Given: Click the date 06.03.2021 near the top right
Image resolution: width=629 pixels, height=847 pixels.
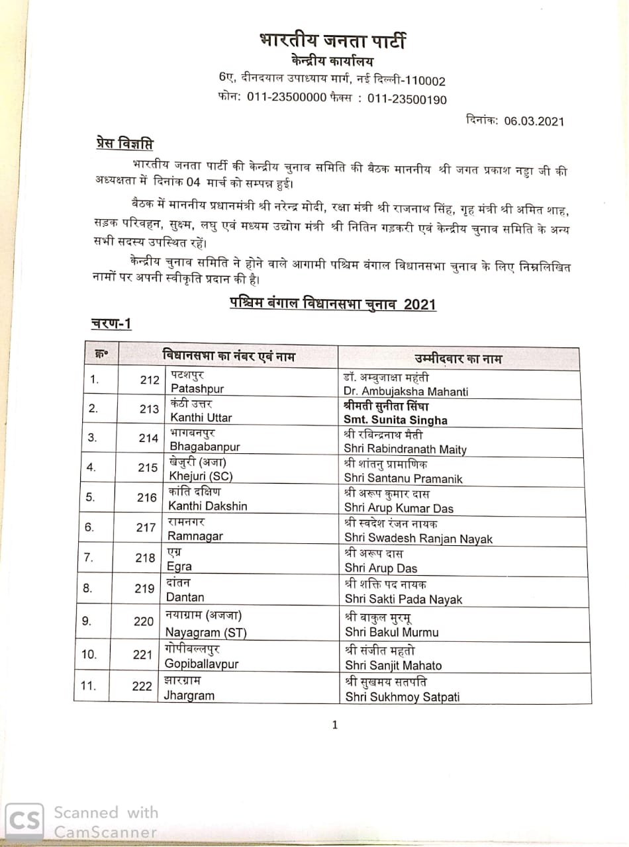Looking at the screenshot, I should pos(534,121).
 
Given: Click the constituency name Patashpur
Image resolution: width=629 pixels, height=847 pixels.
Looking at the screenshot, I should pos(197,388).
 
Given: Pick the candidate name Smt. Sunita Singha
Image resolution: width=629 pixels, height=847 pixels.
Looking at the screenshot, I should pos(395,420).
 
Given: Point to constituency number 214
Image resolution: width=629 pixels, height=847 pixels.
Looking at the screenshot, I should pos(148,438).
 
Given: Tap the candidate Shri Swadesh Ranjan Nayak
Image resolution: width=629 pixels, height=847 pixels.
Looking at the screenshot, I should pos(418,539).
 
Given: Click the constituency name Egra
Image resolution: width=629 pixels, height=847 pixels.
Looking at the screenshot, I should pos(179,566).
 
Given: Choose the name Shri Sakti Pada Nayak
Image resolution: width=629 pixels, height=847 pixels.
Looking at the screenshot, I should pos(403,600).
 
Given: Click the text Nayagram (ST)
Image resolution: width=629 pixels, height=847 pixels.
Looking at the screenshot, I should pos(205,633).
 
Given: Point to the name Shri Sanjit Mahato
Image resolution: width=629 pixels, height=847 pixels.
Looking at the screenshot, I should pos(393,665).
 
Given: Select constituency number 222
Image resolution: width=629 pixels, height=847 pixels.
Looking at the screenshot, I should pos(142,686).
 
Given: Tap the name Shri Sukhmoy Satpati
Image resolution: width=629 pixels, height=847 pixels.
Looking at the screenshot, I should pos(402,697).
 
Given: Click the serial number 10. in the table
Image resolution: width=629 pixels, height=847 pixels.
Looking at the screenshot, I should pos(89,654).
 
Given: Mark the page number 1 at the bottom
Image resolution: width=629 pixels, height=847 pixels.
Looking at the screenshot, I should pos(334,725).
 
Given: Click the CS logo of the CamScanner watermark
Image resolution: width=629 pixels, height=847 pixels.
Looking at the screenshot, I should pos(24,821).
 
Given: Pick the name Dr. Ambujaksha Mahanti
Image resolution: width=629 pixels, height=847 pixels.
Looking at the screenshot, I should pos(406,391).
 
